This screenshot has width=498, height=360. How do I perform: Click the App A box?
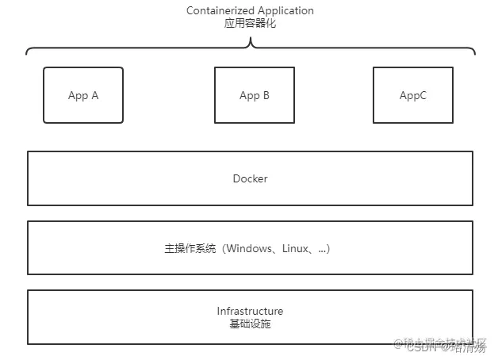pyautogui.click(x=83, y=95)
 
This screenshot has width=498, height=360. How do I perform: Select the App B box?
pyautogui.click(x=255, y=95)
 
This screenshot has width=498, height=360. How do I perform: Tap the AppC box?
pyautogui.click(x=413, y=95)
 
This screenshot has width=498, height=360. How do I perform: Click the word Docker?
pyautogui.click(x=250, y=178)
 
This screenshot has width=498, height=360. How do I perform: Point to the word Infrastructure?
pyautogui.click(x=250, y=311)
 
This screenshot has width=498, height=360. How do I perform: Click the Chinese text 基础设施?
pyautogui.click(x=250, y=324)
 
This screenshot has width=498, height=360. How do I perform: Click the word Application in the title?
pyautogui.click(x=284, y=11)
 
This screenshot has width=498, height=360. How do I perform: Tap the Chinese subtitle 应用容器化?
pyautogui.click(x=250, y=24)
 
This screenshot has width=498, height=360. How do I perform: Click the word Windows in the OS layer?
pyautogui.click(x=250, y=249)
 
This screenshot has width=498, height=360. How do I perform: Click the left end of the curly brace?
pyautogui.click(x=27, y=53)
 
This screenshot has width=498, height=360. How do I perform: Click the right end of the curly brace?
pyautogui.click(x=474, y=53)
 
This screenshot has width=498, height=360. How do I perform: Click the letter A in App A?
pyautogui.click(x=94, y=96)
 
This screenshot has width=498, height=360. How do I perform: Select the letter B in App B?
pyautogui.click(x=266, y=96)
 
